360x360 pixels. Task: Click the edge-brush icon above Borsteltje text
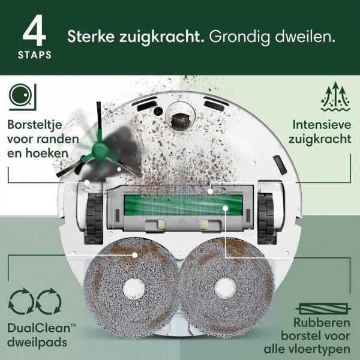(22, 97)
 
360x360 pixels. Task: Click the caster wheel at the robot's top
(179, 116)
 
